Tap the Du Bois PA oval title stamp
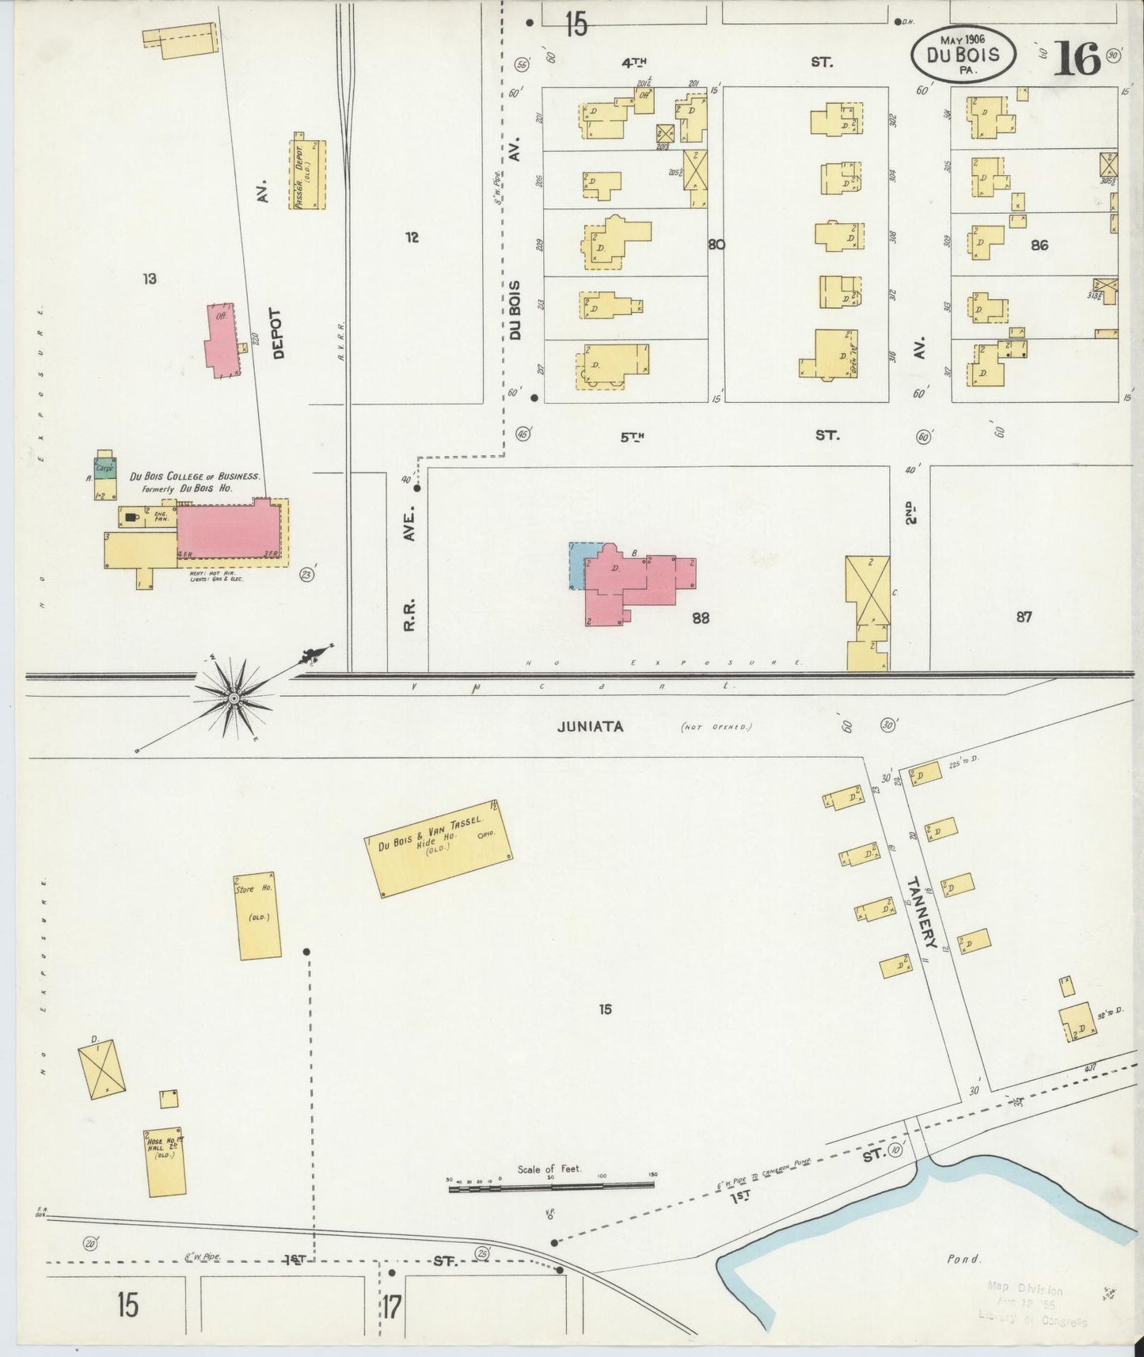(x=963, y=55)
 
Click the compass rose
(x=234, y=698)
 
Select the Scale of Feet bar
(x=552, y=1187)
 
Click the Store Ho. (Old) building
(x=258, y=916)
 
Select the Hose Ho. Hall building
(x=165, y=1162)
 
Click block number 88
(x=700, y=618)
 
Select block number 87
(x=1024, y=616)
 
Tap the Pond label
(x=963, y=1259)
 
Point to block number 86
(x=1039, y=245)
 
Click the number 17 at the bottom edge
(x=391, y=1305)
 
